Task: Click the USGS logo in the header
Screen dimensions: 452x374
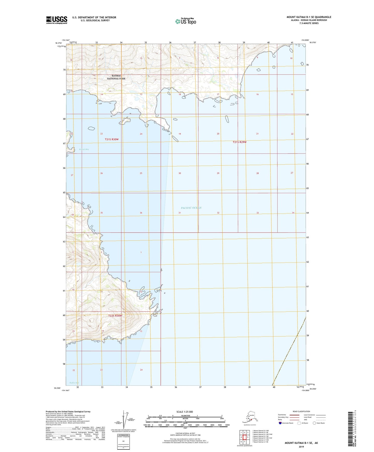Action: (x=57, y=20)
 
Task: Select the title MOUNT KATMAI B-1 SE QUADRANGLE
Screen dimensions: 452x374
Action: (x=309, y=17)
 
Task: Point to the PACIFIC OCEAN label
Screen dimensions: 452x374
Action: (x=191, y=208)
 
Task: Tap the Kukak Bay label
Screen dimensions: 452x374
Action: (x=84, y=149)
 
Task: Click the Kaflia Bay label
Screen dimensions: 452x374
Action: (x=74, y=383)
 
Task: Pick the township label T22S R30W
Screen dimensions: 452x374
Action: (x=115, y=316)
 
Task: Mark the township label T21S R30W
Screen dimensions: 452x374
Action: (x=112, y=140)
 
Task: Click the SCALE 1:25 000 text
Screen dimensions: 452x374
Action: (x=185, y=412)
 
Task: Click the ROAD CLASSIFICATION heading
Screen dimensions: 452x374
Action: (x=301, y=411)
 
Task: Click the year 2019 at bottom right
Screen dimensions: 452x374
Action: (x=301, y=447)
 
